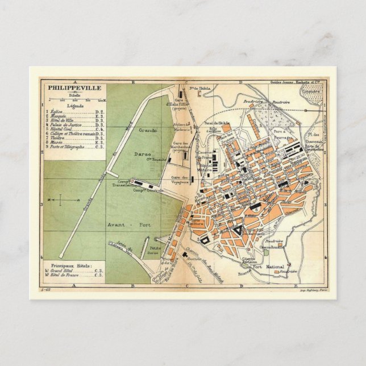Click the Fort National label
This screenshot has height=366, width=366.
coord(265,267)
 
